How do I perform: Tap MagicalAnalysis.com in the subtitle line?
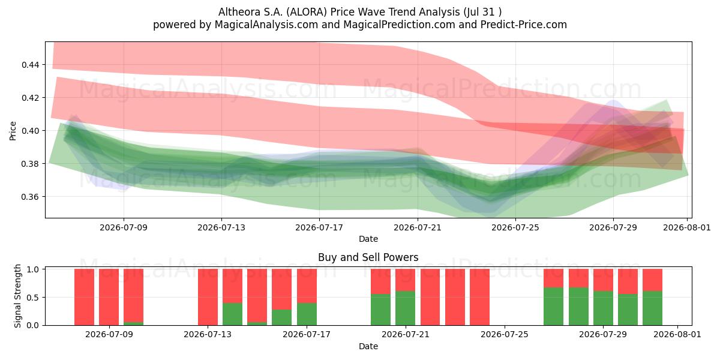point(266,25)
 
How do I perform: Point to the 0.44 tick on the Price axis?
point(31,65)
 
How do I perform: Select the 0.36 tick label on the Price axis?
point(31,197)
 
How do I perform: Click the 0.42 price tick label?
point(31,98)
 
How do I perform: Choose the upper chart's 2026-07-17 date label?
point(319,227)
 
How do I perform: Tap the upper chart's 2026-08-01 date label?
point(687,227)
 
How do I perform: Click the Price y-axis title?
point(13,131)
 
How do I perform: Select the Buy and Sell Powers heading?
point(368,257)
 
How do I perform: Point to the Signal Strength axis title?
point(17,296)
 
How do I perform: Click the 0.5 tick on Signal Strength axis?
point(33,298)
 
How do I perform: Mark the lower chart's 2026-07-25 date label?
point(505,334)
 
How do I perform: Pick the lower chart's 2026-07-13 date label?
point(208,334)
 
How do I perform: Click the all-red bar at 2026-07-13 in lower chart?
point(208,297)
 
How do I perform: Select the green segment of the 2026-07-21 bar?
point(406,308)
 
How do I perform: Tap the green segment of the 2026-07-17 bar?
point(307,314)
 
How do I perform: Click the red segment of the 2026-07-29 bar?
point(603,280)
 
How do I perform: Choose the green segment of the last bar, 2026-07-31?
point(653,308)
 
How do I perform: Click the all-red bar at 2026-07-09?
point(109,297)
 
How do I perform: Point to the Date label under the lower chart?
point(368,346)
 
